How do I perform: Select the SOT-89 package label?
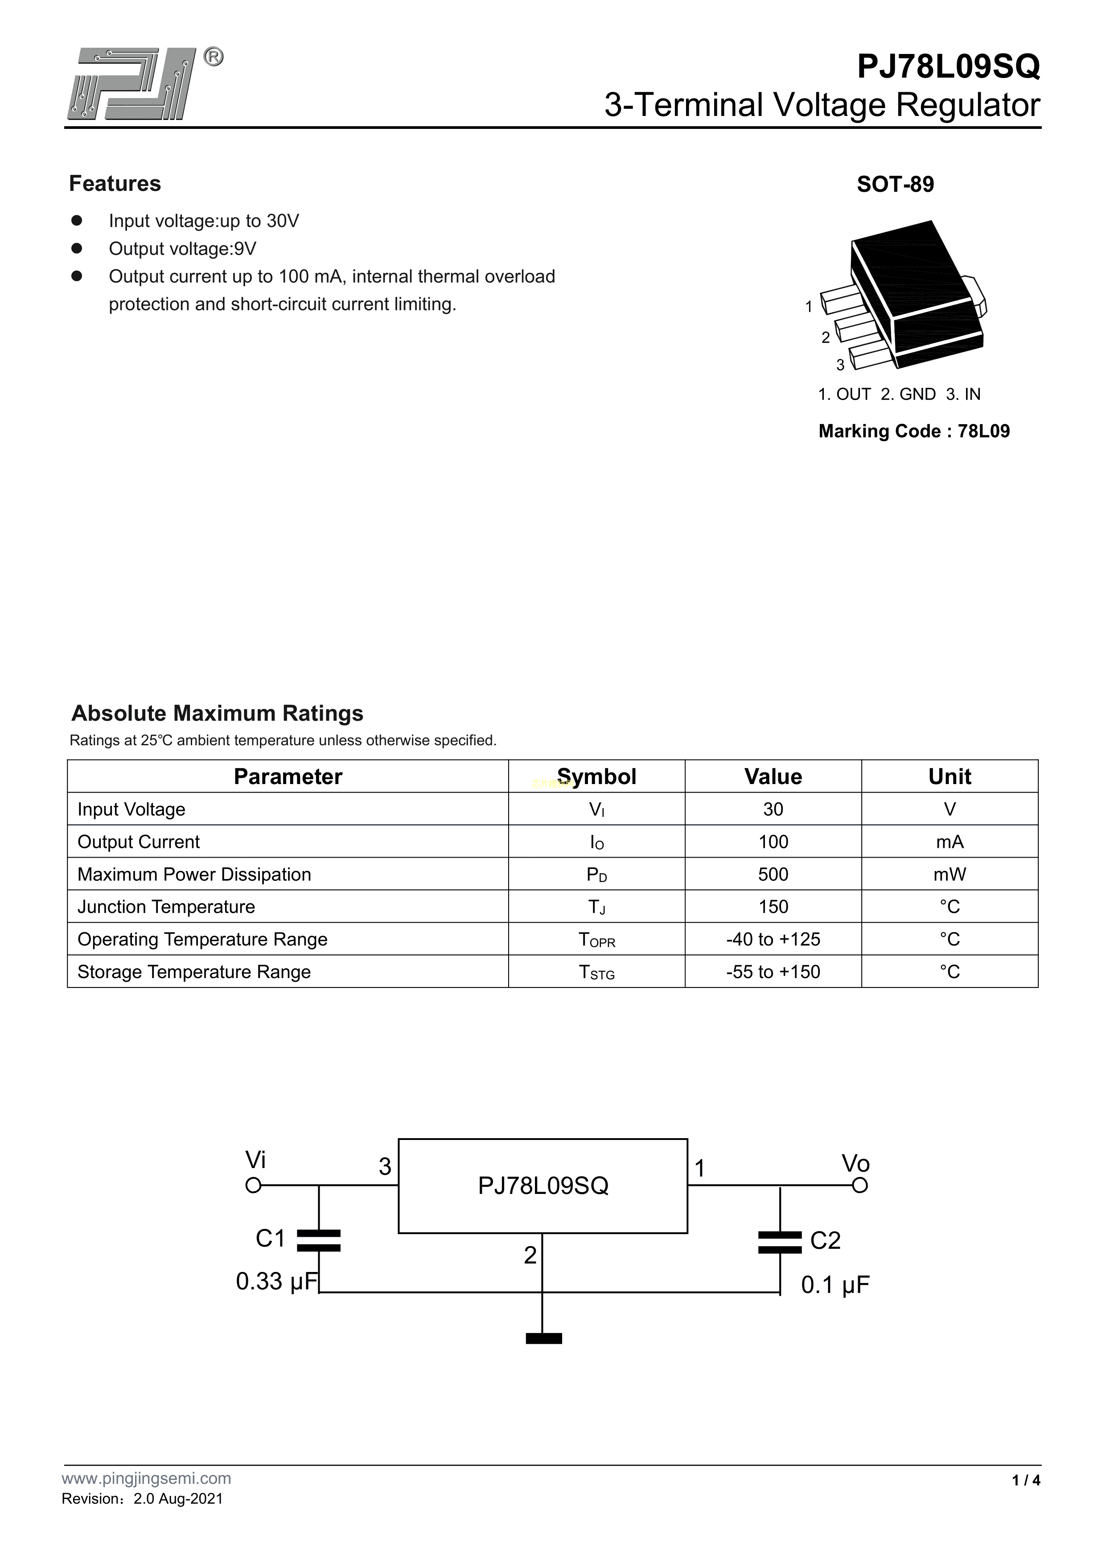[895, 184]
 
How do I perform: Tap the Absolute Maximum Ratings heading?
[218, 713]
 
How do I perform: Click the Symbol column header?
[596, 776]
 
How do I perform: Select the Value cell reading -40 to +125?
[773, 939]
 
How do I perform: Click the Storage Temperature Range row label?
[194, 971]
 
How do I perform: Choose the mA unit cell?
[949, 842]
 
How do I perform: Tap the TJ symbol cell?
[596, 907]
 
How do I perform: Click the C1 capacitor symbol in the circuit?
[319, 1241]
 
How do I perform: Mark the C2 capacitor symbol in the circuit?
[780, 1242]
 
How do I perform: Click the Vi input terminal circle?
[254, 1185]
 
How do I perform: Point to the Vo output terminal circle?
[860, 1185]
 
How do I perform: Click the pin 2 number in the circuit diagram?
[530, 1255]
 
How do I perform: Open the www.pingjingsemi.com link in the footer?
[147, 1498]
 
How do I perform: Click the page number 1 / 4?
[1026, 1499]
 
